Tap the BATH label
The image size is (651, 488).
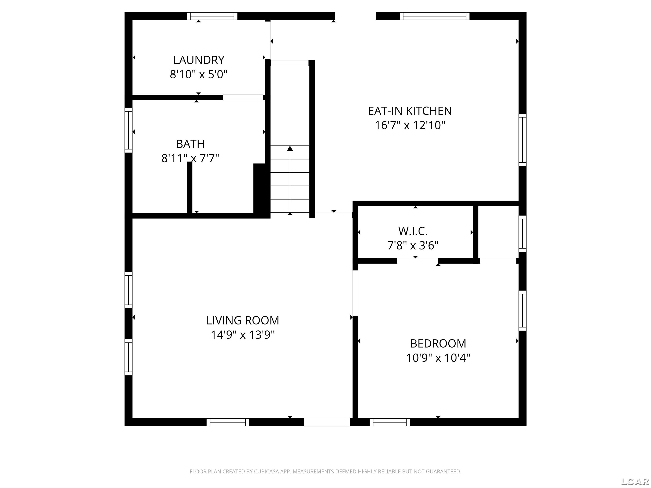190,144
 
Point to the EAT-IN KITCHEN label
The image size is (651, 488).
410,111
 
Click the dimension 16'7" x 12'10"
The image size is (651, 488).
410,125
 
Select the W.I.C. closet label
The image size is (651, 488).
413,231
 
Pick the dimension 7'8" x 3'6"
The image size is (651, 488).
413,245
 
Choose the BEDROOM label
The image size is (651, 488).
438,344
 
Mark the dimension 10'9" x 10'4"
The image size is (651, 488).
438,358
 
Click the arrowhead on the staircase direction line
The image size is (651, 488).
290,148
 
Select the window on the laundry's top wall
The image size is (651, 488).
212,16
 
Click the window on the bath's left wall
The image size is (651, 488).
128,130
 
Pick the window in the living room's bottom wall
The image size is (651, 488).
228,422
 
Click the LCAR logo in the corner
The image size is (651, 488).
635,481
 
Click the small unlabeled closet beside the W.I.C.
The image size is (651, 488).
498,232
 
